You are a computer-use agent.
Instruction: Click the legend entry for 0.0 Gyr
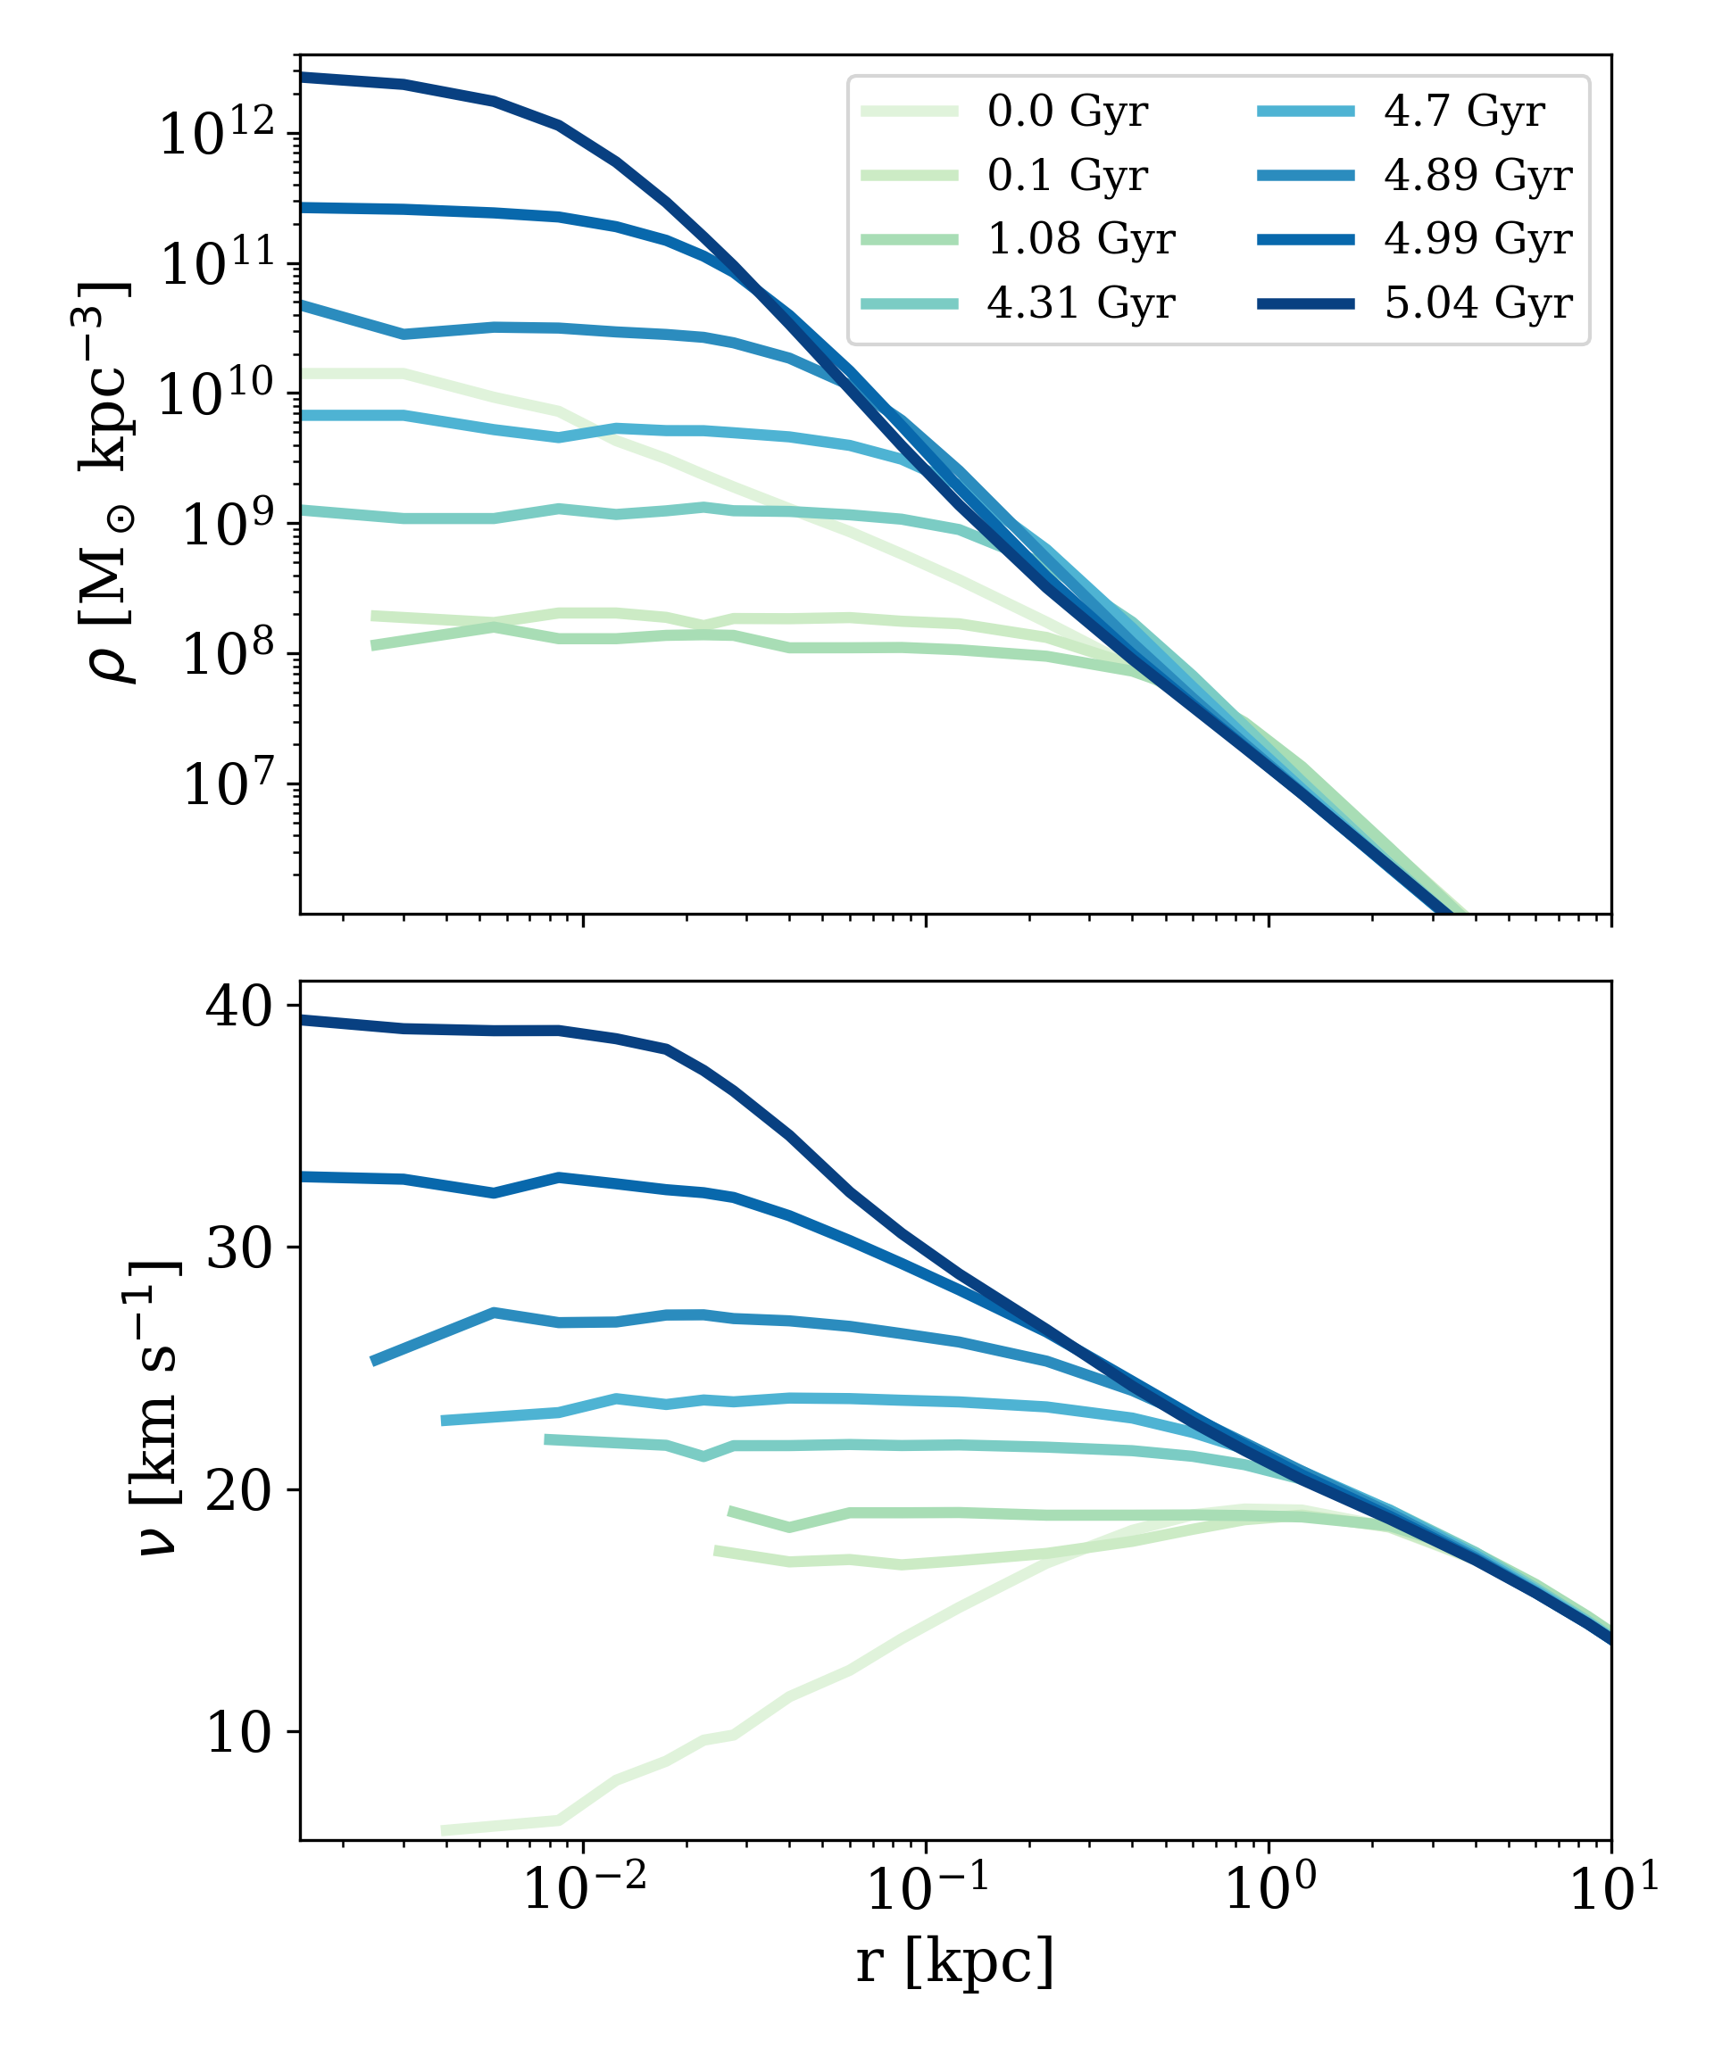[x=1067, y=111]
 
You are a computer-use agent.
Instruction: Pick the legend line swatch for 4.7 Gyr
[x=1305, y=111]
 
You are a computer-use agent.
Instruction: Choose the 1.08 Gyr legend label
[x=1080, y=239]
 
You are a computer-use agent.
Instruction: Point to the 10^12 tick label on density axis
[x=218, y=132]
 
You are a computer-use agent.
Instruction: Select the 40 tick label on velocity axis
[x=238, y=1006]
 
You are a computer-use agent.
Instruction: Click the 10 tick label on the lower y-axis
[x=238, y=1732]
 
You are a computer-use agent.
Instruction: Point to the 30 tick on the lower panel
[x=238, y=1248]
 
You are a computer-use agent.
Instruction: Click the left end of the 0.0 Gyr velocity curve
[x=445, y=1830]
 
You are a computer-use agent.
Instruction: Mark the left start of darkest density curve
[x=304, y=77]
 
